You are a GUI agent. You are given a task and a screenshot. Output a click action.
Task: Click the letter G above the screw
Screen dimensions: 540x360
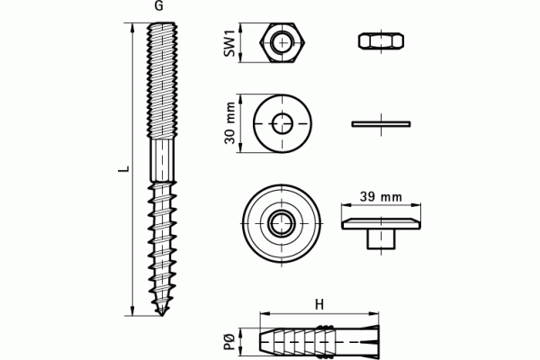[158, 6]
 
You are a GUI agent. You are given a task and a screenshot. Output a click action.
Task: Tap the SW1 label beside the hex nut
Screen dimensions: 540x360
[229, 43]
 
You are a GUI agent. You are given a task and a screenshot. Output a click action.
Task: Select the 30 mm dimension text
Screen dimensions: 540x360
[230, 123]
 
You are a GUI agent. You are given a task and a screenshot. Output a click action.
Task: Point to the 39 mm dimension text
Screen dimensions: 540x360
[381, 197]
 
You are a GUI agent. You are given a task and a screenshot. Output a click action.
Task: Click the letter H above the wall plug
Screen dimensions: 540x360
[319, 304]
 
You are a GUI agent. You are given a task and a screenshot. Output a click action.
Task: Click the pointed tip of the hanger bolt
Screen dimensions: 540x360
[161, 314]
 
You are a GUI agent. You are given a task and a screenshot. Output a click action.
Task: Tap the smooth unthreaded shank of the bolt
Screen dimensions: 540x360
[162, 160]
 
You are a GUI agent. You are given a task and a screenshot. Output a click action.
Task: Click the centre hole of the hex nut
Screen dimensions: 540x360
[282, 42]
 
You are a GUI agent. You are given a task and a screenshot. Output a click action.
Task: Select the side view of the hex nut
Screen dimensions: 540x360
[382, 41]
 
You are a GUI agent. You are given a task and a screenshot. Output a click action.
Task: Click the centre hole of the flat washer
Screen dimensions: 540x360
[283, 123]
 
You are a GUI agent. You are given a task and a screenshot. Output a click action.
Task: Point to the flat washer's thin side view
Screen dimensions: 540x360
[381, 123]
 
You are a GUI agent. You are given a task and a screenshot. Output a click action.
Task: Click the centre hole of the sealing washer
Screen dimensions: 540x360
[282, 223]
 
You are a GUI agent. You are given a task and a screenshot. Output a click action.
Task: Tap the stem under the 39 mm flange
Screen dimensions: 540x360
[381, 238]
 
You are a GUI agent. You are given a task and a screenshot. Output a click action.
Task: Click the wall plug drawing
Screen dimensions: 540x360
[319, 340]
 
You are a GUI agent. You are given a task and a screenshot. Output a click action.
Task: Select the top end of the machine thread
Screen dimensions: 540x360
[162, 24]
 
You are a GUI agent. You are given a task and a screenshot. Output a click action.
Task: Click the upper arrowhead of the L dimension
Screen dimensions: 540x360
[132, 26]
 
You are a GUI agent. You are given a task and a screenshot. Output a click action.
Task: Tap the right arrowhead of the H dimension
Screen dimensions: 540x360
[374, 313]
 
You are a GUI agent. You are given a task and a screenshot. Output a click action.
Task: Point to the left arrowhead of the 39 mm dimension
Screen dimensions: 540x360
[346, 205]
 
